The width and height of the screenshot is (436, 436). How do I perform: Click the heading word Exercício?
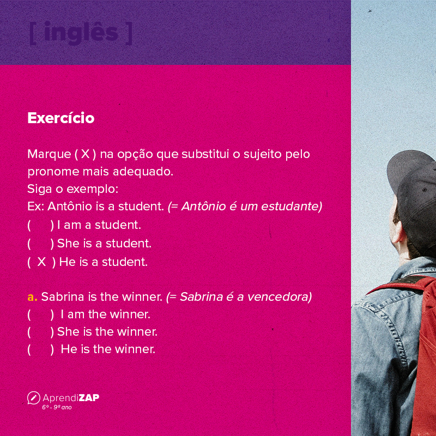[x=60, y=118]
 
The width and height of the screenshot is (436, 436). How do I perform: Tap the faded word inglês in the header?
[x=81, y=33]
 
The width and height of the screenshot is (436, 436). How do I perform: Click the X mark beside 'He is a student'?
[x=41, y=262]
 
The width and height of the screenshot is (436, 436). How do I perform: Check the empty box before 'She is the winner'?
[x=39, y=331]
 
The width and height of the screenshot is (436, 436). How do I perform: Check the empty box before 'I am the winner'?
[x=39, y=314]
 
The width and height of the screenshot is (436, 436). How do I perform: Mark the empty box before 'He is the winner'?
[x=39, y=349]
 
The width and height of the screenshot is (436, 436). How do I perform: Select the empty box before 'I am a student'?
[x=39, y=225]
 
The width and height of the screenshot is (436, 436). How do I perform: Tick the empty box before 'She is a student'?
[x=39, y=243]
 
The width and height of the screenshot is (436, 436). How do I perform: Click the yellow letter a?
[x=32, y=297]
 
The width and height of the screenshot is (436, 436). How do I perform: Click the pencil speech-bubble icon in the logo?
[x=33, y=398]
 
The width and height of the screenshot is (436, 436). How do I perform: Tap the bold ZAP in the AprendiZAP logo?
[x=89, y=397]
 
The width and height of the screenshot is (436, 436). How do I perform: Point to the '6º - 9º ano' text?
[x=57, y=407]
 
